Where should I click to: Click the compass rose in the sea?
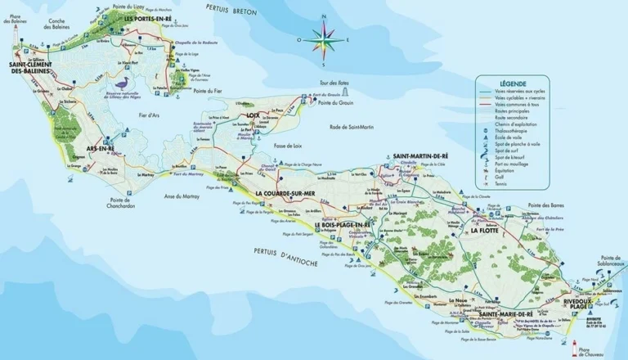pos(324,38)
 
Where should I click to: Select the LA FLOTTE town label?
pos(486,232)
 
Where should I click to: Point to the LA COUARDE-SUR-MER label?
pos(290,193)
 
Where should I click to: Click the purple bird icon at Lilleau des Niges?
pos(125,83)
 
